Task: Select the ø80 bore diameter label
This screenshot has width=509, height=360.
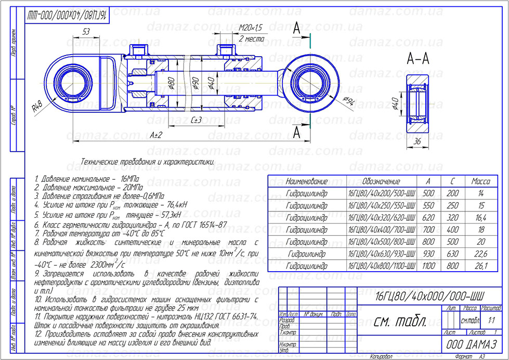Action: [x=171, y=84]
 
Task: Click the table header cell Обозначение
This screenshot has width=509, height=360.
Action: [x=381, y=181]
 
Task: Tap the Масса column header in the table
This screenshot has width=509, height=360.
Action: [x=480, y=181]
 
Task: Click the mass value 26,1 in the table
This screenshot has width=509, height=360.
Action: [x=480, y=265]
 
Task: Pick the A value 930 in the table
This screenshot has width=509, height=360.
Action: [x=429, y=254]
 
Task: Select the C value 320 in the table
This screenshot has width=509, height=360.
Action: [x=453, y=217]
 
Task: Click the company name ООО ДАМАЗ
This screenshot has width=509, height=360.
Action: [x=472, y=344]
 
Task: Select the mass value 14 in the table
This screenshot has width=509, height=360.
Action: [x=480, y=193]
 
